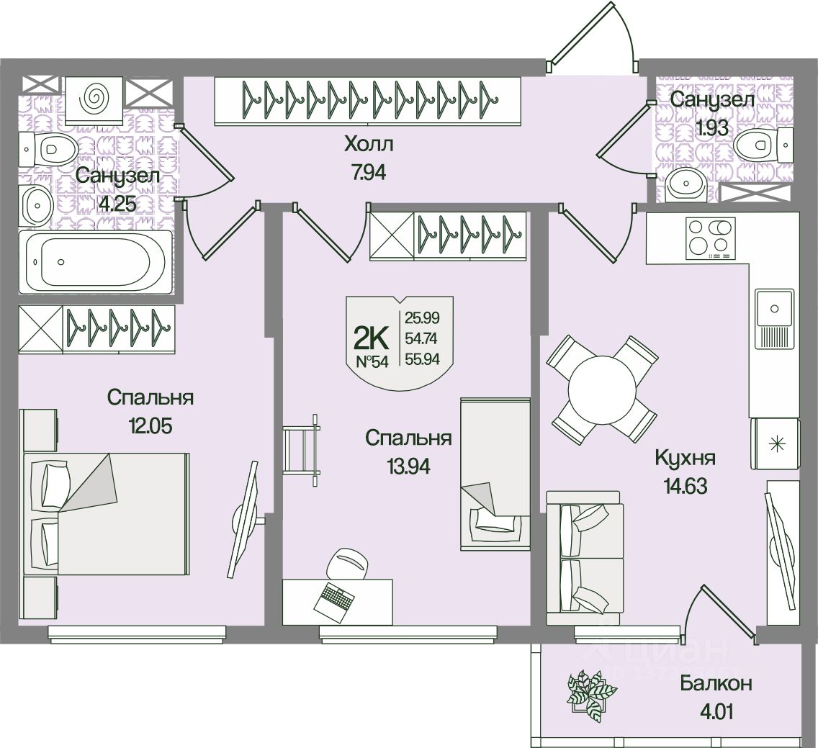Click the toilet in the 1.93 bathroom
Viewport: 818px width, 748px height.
coord(757,145)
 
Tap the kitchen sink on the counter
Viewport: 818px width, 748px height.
coord(774,309)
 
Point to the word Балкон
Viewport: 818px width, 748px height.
coord(716,682)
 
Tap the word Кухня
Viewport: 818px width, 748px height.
coord(686,458)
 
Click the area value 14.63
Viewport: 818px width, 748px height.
coord(681,487)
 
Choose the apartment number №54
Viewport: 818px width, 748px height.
coord(372,361)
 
